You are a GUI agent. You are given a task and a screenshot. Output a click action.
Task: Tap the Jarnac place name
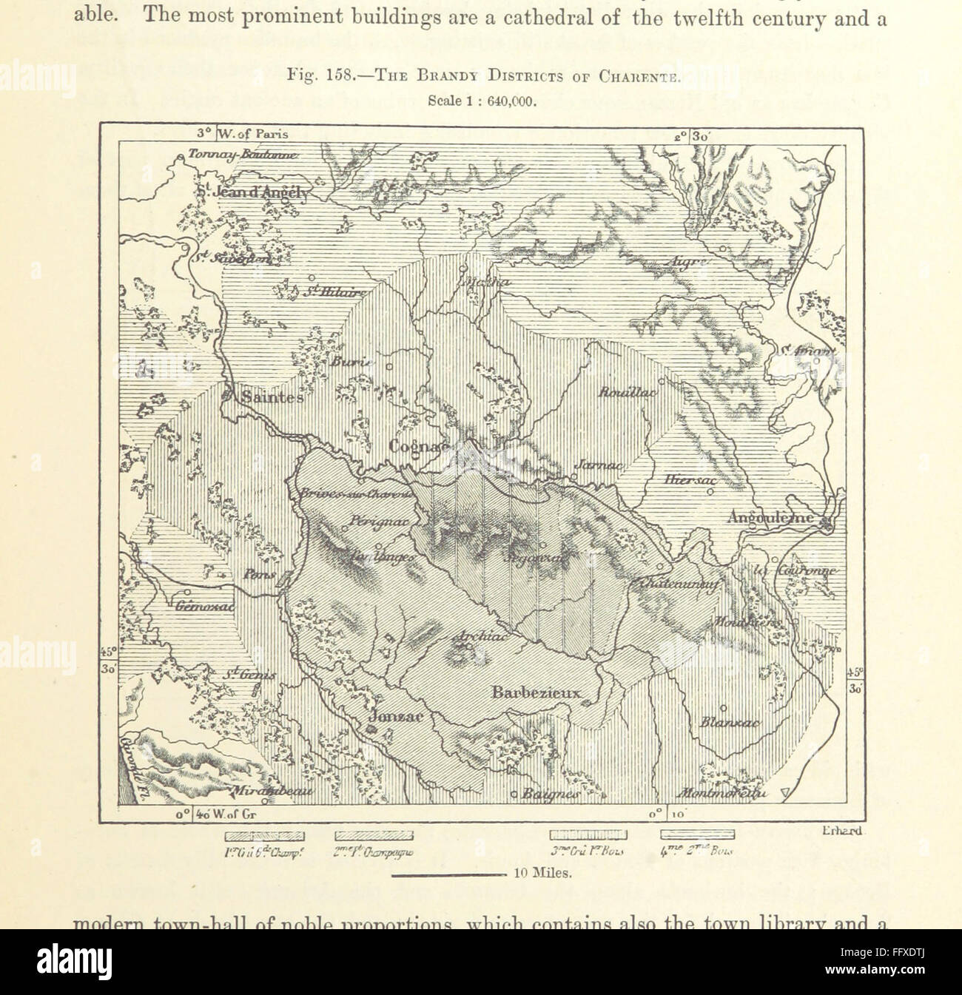click(598, 466)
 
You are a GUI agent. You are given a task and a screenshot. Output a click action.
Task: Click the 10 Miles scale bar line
click(448, 874)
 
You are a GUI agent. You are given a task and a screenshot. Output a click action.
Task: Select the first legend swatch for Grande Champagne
click(264, 836)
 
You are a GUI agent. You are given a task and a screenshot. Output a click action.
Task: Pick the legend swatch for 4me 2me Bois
click(697, 836)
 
